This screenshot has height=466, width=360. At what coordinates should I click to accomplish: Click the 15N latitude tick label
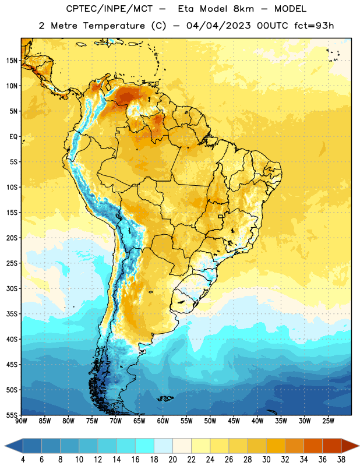(x=12, y=61)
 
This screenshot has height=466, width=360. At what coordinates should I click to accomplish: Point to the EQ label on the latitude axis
(x=13, y=137)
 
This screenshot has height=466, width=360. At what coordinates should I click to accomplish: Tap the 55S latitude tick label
(x=12, y=415)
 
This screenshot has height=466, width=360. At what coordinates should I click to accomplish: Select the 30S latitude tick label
(x=12, y=288)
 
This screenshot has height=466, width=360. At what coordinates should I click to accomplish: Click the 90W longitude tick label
(x=21, y=421)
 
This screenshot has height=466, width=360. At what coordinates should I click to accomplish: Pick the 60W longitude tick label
(x=163, y=421)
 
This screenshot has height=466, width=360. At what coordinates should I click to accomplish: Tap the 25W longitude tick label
(x=328, y=421)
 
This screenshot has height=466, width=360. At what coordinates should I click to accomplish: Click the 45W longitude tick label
(x=234, y=421)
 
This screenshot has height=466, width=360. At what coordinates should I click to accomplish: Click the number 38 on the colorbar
(x=341, y=460)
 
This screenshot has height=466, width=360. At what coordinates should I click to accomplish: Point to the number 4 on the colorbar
(x=23, y=460)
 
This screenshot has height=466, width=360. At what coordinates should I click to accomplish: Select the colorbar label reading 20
(x=172, y=460)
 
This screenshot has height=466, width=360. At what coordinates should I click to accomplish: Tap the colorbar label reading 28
(x=248, y=460)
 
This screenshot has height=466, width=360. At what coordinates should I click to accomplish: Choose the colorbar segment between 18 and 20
(x=164, y=446)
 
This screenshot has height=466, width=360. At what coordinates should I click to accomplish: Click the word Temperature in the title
(x=114, y=26)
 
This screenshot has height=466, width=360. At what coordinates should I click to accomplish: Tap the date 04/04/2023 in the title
(x=218, y=26)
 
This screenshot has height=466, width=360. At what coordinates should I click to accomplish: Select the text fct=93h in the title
(x=314, y=26)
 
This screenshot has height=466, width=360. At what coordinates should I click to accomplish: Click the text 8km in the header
(x=243, y=9)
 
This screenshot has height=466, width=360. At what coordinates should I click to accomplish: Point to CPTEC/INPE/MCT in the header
(x=110, y=9)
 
